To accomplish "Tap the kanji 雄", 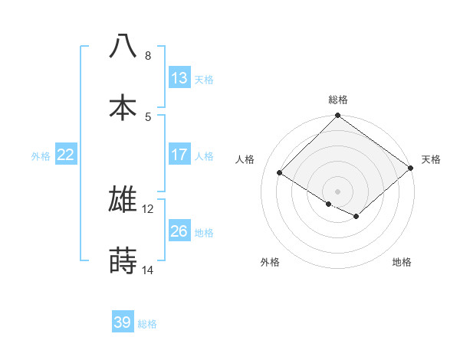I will point(123,199).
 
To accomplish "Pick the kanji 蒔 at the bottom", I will point(123,260).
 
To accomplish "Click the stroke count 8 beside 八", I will point(148,55).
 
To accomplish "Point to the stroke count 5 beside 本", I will point(148,116).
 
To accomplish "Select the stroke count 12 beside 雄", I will point(148,208).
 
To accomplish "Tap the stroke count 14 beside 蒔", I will point(148,270).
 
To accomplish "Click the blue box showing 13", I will point(179,78).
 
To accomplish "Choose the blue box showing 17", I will point(179,155).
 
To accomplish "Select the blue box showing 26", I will point(179,231).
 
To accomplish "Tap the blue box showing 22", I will point(66,155).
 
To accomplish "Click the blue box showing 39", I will point(123,322).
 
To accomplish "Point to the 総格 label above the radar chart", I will point(338,100).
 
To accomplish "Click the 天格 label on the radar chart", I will point(432,159).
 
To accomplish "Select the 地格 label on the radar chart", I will point(402,262).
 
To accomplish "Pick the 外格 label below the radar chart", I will point(270,262).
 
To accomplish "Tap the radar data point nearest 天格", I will point(411,169).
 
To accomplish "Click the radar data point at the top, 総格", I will point(338,116).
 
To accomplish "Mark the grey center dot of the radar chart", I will point(338,191).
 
